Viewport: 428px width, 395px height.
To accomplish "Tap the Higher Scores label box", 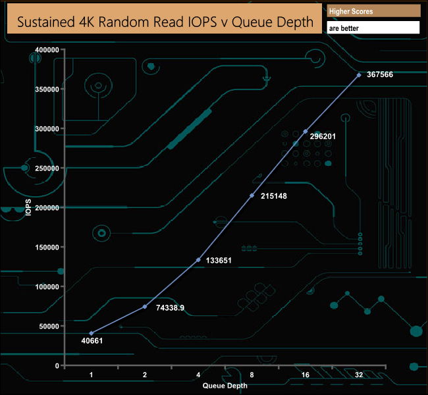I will tap(373, 11).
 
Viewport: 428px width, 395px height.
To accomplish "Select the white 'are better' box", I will tap(373, 28).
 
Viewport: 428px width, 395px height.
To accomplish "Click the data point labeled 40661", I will tap(91, 333).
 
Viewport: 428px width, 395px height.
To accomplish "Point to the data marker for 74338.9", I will tap(145, 307).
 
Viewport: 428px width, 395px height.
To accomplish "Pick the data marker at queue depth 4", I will tap(198, 260).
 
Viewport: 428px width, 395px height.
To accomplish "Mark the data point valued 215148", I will tap(252, 196).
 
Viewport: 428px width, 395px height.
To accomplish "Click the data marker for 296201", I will tap(306, 132).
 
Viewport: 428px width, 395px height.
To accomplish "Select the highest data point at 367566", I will tap(359, 75).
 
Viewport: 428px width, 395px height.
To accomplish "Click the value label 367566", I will tap(380, 75).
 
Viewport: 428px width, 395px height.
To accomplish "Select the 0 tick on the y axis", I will tap(57, 365).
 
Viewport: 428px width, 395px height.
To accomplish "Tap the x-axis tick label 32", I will tap(359, 375).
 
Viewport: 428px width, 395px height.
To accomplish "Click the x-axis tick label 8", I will tap(252, 375).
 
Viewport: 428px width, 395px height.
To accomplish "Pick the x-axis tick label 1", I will tap(91, 375).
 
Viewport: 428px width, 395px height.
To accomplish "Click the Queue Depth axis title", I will tap(225, 386).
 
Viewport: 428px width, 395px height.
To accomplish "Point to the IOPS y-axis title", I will tap(28, 208).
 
